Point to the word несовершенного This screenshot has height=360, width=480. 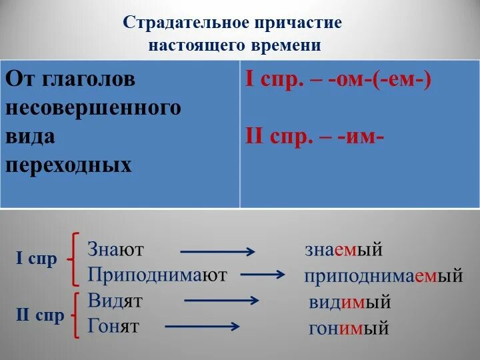pos(93,108)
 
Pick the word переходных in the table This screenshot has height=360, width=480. pos(69,165)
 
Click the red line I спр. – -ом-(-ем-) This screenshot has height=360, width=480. pos(339,81)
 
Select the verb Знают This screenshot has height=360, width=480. pos(116,249)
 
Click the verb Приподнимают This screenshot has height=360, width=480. pos(157,275)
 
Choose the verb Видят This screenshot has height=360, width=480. pos(115,301)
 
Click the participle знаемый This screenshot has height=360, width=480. pos(343,250)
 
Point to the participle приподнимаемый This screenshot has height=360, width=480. pos(383,276)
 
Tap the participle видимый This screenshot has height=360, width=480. pos(349,302)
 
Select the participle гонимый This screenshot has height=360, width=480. pos(349,328)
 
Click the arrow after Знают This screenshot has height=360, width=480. pos(217,252)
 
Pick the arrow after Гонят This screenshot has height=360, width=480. pos(202,326)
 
